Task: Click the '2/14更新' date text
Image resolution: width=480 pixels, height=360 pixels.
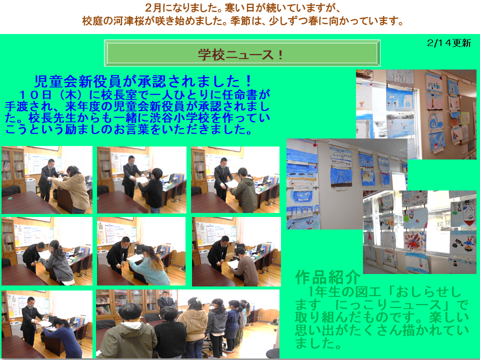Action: click(x=449, y=43)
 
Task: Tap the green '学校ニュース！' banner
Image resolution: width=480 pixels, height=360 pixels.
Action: click(x=242, y=53)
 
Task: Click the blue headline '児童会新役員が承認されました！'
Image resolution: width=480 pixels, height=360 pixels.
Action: click(x=143, y=81)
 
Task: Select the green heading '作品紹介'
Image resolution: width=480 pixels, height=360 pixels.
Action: click(x=327, y=277)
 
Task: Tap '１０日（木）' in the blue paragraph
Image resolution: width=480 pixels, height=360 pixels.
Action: click(x=52, y=95)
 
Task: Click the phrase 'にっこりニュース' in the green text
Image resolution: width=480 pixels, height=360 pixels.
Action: click(x=388, y=305)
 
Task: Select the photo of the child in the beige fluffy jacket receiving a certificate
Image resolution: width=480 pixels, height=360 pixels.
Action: click(x=47, y=179)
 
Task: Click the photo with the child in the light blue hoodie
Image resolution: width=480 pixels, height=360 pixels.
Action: click(x=141, y=251)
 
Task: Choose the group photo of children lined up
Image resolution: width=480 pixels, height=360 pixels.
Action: click(x=187, y=324)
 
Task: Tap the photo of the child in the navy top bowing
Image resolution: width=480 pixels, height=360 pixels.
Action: click(x=47, y=324)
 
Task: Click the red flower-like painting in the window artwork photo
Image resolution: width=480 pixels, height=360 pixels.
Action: click(x=414, y=241)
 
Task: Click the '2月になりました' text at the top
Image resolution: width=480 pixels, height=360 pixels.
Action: click(x=183, y=7)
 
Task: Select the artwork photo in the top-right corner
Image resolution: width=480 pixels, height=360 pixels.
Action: click(x=416, y=114)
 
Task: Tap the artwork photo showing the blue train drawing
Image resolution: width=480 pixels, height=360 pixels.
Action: click(x=347, y=184)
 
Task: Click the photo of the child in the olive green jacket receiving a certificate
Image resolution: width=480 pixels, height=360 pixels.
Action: click(x=235, y=179)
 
